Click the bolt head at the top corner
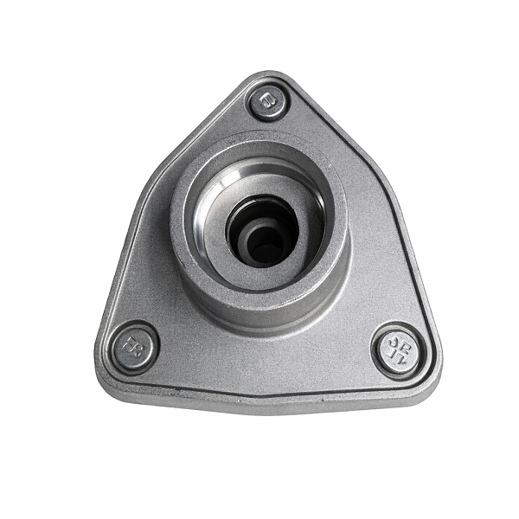click(x=268, y=102)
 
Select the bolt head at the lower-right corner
click(x=398, y=349)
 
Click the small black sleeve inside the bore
click(x=267, y=243)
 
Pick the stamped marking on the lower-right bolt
click(x=400, y=348)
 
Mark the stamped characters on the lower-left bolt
click(x=135, y=346)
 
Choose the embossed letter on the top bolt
click(x=268, y=102)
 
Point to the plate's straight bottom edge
click(x=268, y=400)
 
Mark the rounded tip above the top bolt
click(x=268, y=75)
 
